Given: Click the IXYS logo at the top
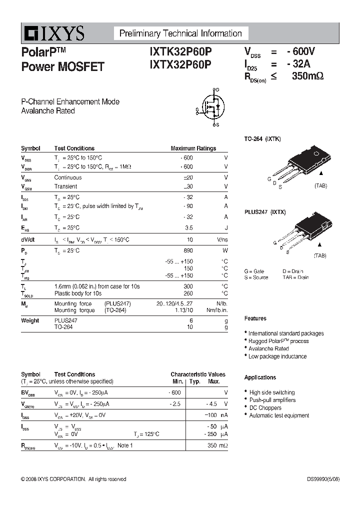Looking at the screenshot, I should (x=52, y=34).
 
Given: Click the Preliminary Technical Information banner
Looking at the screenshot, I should (x=180, y=33).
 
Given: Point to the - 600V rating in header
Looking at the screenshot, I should (x=301, y=51).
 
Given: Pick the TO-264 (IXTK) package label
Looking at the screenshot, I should (x=262, y=138).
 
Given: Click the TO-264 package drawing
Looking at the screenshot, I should (x=300, y=162).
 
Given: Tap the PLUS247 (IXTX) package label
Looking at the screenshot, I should (x=265, y=212).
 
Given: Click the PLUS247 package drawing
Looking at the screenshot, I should (x=300, y=232).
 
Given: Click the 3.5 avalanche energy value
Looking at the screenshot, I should (x=188, y=227).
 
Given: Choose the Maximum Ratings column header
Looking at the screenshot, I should (x=193, y=148).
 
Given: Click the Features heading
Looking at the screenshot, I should (x=255, y=318).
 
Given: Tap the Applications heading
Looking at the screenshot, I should (x=260, y=377).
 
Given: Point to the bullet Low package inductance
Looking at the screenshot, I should (x=277, y=356).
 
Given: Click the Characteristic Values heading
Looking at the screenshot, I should (x=198, y=374).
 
